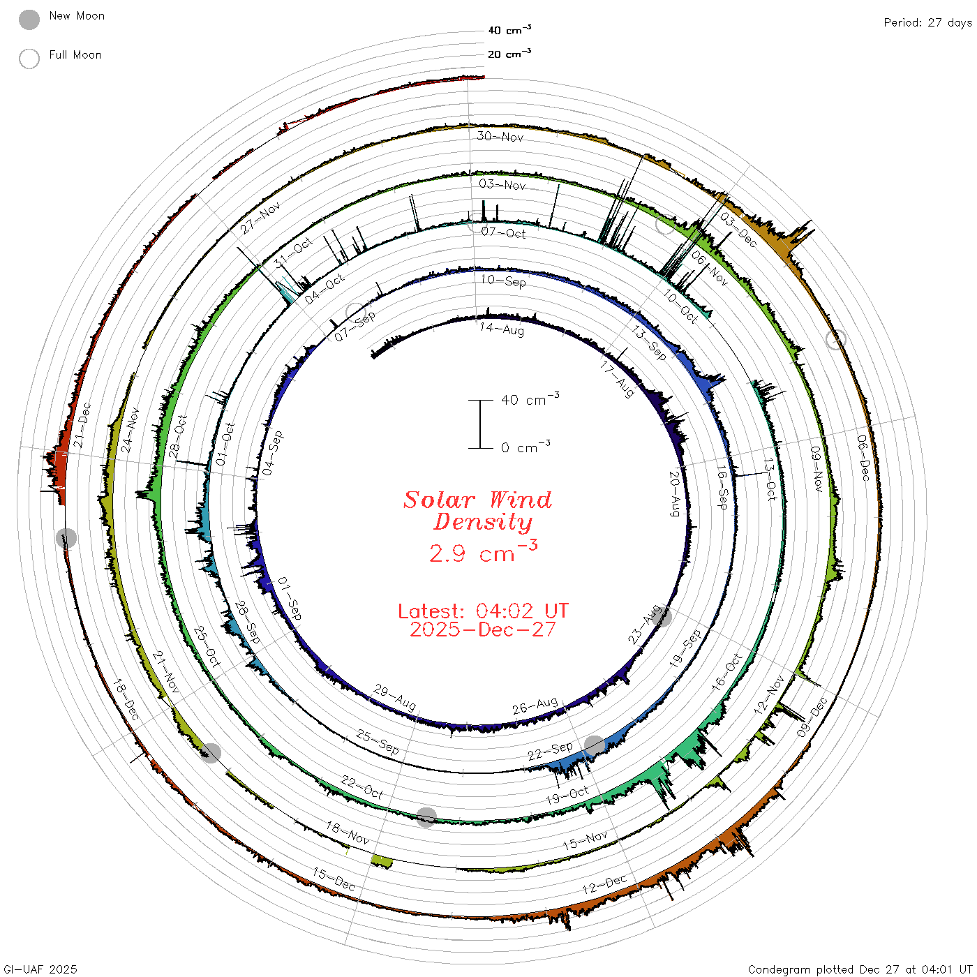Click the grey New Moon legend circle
point(29,20)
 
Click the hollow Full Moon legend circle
point(29,59)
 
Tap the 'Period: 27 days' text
point(927,23)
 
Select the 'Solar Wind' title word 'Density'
point(483,522)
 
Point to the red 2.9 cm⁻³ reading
point(483,552)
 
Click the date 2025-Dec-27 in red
point(483,629)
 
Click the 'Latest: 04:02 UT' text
point(483,611)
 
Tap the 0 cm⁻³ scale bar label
point(525,447)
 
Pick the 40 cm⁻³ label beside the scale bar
point(530,398)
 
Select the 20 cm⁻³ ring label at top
point(509,53)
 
